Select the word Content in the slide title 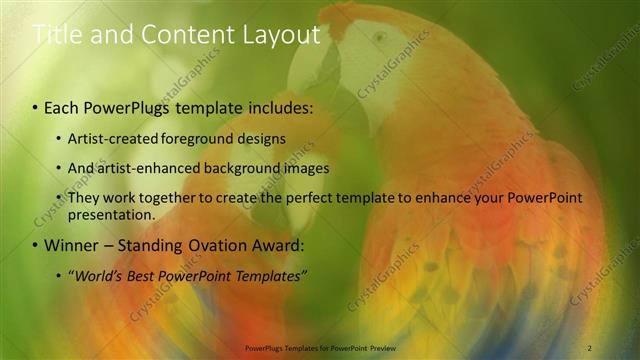coord(186,35)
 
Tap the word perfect coord(311,198)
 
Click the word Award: coord(284,245)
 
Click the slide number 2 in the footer coord(590,347)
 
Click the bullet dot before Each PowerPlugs coord(36,107)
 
